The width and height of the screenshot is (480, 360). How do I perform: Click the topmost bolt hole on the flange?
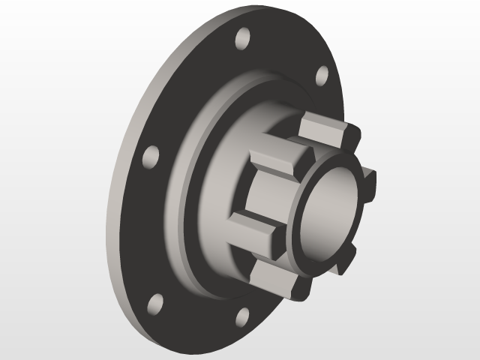[x=241, y=39]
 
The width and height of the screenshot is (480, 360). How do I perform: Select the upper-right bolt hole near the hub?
[x=321, y=75]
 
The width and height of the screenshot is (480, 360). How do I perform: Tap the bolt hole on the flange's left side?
[x=151, y=157]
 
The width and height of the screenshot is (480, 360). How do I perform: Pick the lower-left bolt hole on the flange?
[x=155, y=303]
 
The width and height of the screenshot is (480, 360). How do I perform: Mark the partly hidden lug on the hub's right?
[x=367, y=177]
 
